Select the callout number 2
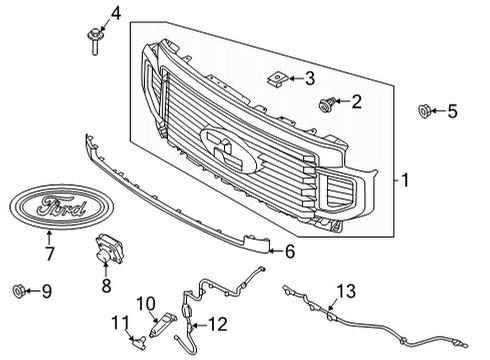tap(356, 101)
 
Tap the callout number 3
tap(310, 77)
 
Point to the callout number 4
tap(114, 13)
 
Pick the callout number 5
tap(451, 111)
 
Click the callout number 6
tap(290, 253)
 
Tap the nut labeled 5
tap(424, 112)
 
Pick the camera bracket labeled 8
tap(108, 251)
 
